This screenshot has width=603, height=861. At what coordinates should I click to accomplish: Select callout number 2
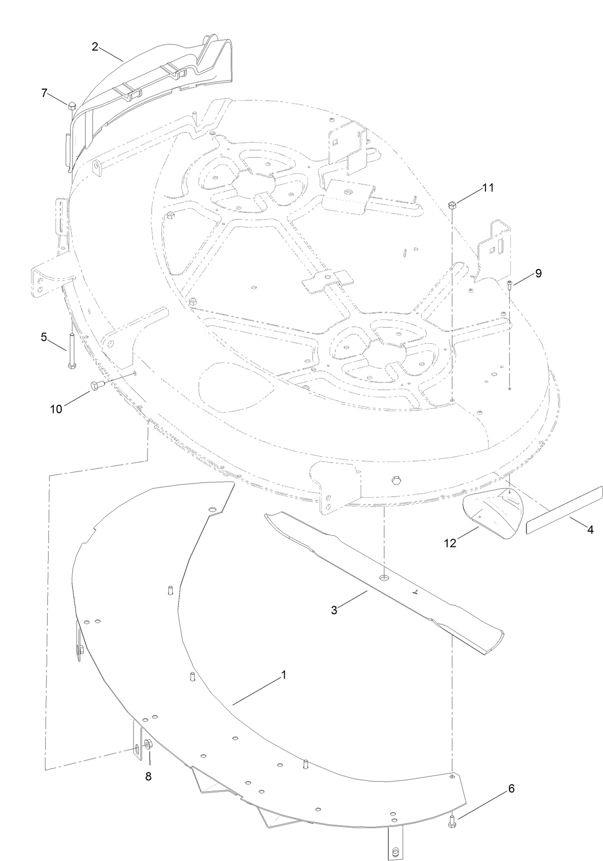coord(95,47)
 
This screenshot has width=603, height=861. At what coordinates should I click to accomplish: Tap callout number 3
coord(334,609)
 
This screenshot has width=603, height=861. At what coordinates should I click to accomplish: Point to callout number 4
coord(590,530)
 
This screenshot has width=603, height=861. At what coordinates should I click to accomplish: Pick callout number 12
coord(450,543)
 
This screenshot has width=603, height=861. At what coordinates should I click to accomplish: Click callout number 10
coord(56,409)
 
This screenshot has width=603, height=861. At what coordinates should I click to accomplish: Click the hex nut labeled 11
coord(453,205)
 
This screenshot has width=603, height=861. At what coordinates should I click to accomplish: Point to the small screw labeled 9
coord(510,284)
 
